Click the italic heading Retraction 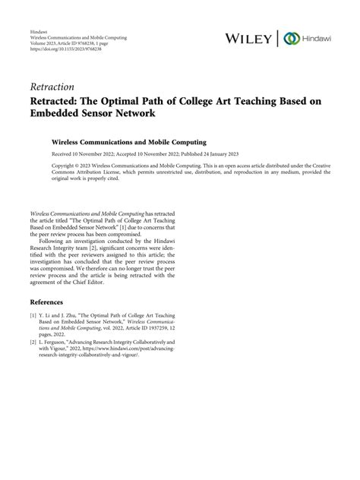[52, 86]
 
